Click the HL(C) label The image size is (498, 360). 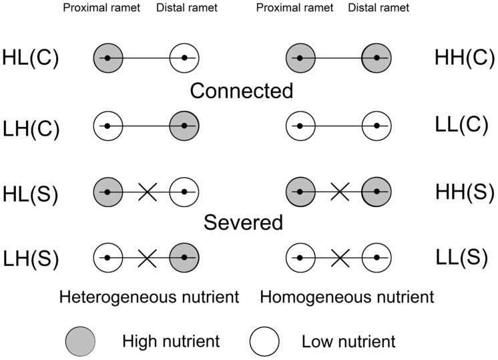[x=31, y=58]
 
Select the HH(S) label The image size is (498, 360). [x=461, y=192]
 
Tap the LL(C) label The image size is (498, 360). [x=461, y=125]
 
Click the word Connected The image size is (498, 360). [x=241, y=91]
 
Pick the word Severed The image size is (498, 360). [x=241, y=222]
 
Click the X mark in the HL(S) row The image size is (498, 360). [x=147, y=192]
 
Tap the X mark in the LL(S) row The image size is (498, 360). [x=339, y=257]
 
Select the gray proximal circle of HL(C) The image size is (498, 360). [x=108, y=58]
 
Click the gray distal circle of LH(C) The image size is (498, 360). [x=184, y=125]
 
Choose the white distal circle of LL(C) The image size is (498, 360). [x=377, y=125]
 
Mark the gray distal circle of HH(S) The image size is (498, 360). [x=377, y=192]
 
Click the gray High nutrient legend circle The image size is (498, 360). [x=79, y=342]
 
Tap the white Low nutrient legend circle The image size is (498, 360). [x=264, y=342]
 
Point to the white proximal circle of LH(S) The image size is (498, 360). [x=108, y=257]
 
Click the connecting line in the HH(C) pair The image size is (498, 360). [x=338, y=58]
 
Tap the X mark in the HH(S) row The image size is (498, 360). [x=339, y=192]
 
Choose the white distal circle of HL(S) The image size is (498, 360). [x=184, y=192]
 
